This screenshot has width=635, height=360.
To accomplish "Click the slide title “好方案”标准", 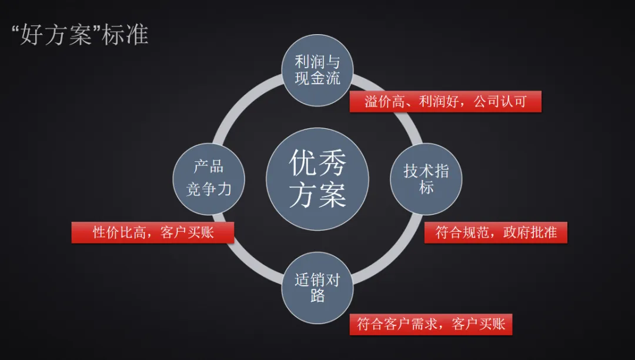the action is pyautogui.click(x=80, y=35).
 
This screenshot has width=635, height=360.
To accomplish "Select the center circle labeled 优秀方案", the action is pyautogui.click(x=317, y=179).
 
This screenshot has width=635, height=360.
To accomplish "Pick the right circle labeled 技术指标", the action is pyautogui.click(x=426, y=179).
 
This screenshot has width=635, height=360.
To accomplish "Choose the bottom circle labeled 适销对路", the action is pyautogui.click(x=317, y=286).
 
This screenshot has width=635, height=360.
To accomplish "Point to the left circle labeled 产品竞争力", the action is pyautogui.click(x=209, y=178).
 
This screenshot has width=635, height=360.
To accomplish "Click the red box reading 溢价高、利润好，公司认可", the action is pyautogui.click(x=445, y=101).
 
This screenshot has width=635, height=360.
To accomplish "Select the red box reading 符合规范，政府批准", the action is pyautogui.click(x=496, y=232).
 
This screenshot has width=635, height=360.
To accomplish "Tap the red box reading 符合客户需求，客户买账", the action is pyautogui.click(x=431, y=324).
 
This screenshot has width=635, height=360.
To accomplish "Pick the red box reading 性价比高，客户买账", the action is pyautogui.click(x=153, y=232).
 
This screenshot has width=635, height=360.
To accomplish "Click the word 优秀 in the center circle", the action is pyautogui.click(x=317, y=162).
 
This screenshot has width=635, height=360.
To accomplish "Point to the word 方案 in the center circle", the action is pyautogui.click(x=317, y=194).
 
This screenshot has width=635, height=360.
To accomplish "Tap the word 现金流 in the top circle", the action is pyautogui.click(x=317, y=78).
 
